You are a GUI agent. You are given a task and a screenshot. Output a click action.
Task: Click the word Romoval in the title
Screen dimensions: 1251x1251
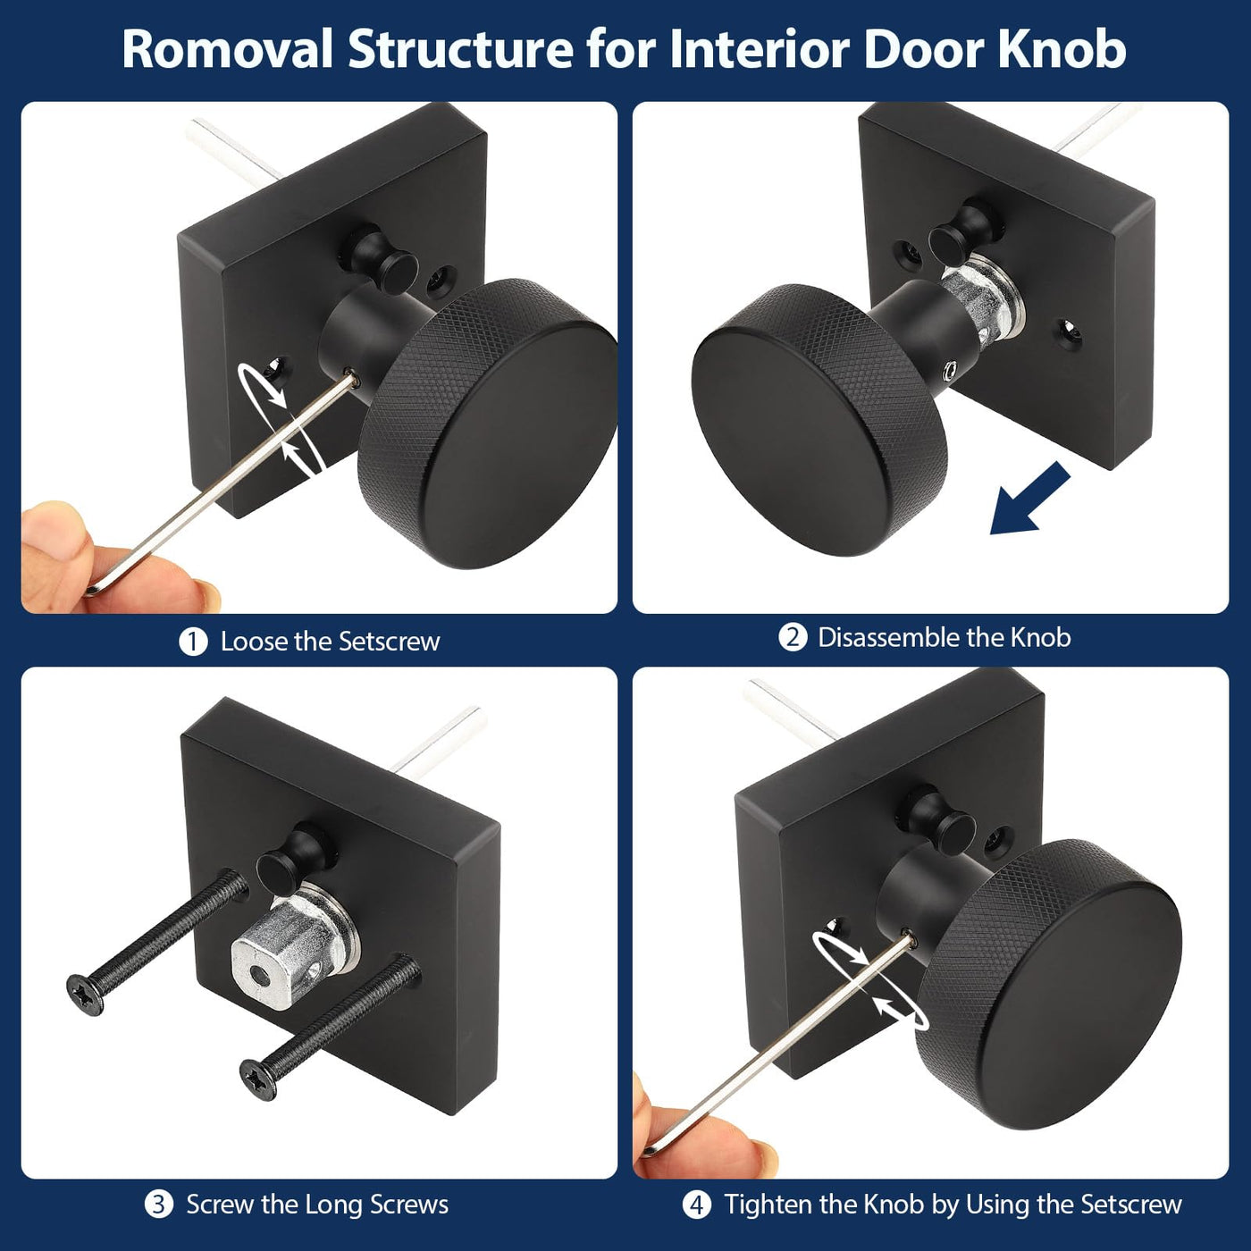[x=229, y=49]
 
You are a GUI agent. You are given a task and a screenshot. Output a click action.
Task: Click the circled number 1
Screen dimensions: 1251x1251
[x=193, y=642]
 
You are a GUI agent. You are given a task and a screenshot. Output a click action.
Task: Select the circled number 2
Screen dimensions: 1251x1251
[x=793, y=637]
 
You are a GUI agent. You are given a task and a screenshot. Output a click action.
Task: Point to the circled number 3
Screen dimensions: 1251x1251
[x=158, y=1205]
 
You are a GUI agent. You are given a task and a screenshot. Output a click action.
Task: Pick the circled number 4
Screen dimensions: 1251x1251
[x=697, y=1205]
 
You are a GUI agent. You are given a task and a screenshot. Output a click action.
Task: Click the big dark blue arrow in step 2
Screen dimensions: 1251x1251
[x=1029, y=498]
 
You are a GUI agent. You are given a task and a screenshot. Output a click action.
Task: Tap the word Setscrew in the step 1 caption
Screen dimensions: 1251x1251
[x=389, y=642]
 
